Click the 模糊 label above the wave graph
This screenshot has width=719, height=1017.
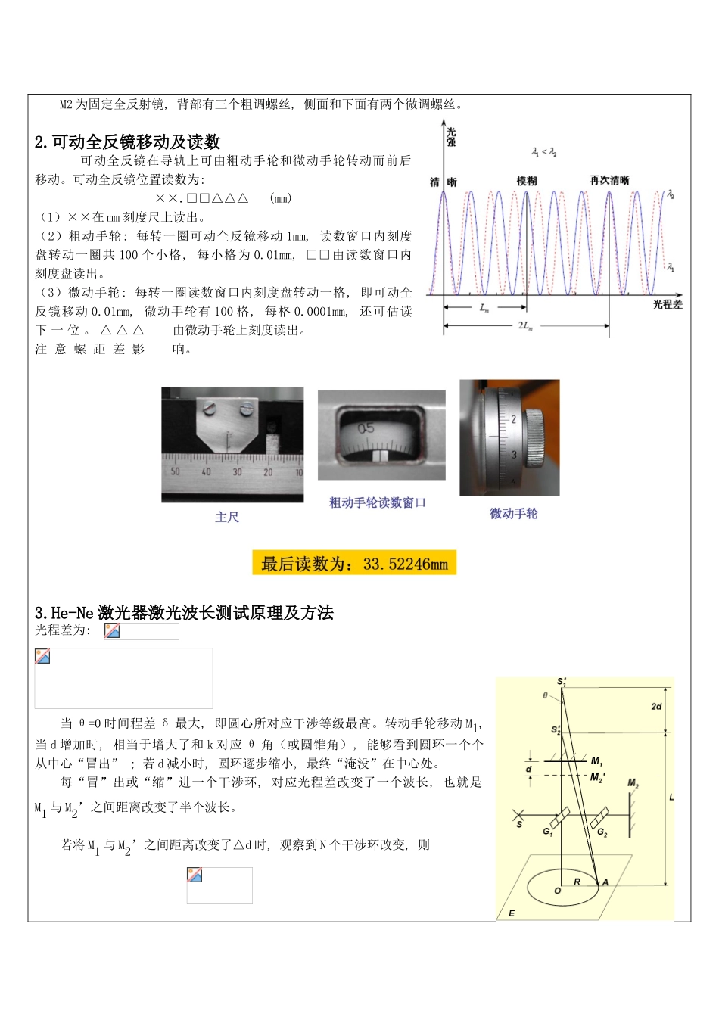coord(526,181)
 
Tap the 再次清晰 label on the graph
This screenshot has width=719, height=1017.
coord(609,180)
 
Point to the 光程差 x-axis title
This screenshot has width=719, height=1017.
coord(668,303)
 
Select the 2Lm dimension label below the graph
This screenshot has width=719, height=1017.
coord(525,325)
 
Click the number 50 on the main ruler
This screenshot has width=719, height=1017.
coord(175,471)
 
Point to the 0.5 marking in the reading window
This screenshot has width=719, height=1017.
coord(366,428)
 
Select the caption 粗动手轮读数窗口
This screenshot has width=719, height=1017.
coord(377,502)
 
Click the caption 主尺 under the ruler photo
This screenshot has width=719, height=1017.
coord(227,517)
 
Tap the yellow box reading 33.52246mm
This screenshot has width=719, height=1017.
coord(354,564)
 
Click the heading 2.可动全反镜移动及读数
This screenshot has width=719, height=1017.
coord(128,142)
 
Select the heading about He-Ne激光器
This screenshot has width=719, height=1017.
coord(184,613)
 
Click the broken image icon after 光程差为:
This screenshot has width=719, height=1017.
coord(112,631)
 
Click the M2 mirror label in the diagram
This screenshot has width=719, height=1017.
coord(633,784)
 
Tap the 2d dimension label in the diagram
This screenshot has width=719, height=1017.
coord(656,706)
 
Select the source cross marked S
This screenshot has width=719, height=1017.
coord(519,816)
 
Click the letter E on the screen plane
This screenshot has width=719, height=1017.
coord(512,913)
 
